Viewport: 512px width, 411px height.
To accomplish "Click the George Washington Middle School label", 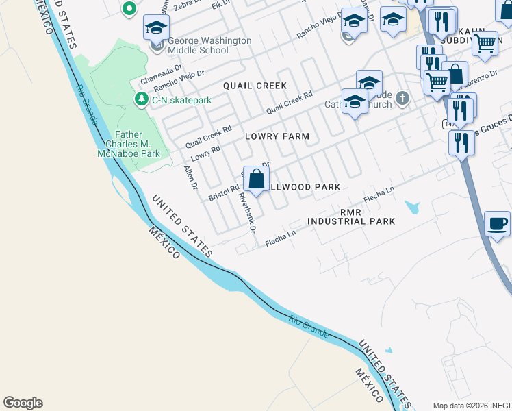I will [x=209, y=45].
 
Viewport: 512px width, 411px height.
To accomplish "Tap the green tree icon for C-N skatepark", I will [x=141, y=99].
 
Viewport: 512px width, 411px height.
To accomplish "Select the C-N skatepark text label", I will [x=181, y=100].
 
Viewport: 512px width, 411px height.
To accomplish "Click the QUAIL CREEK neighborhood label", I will [x=254, y=85].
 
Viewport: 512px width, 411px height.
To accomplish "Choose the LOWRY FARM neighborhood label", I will [x=277, y=136].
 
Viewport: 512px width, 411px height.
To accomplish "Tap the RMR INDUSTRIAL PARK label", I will [x=351, y=216].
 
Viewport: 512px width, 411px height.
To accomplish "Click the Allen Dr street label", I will [x=191, y=177].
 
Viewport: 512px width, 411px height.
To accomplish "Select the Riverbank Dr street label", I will [x=246, y=212].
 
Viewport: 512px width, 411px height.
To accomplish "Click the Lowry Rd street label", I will [x=205, y=153].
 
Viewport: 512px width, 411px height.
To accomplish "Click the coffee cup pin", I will [x=498, y=223].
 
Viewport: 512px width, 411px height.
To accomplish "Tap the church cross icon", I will [x=402, y=99].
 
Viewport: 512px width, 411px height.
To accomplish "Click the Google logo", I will [x=23, y=403].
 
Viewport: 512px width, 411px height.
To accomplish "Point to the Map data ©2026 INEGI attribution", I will [x=471, y=405].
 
